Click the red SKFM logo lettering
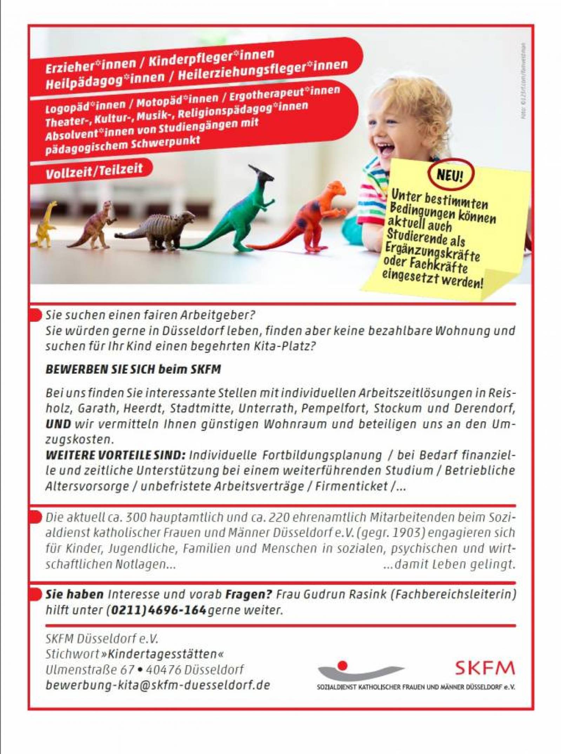point(485,668)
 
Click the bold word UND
point(58,424)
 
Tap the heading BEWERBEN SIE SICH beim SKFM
point(133,369)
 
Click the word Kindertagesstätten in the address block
point(165,654)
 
